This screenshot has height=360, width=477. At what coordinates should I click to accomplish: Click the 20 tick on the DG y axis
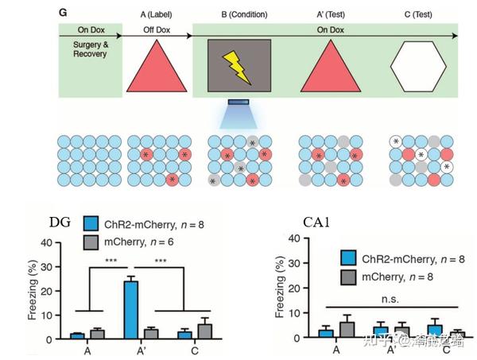48,291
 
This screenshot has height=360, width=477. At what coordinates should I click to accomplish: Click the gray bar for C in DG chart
206,331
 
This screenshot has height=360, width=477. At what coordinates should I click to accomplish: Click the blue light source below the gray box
238,103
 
